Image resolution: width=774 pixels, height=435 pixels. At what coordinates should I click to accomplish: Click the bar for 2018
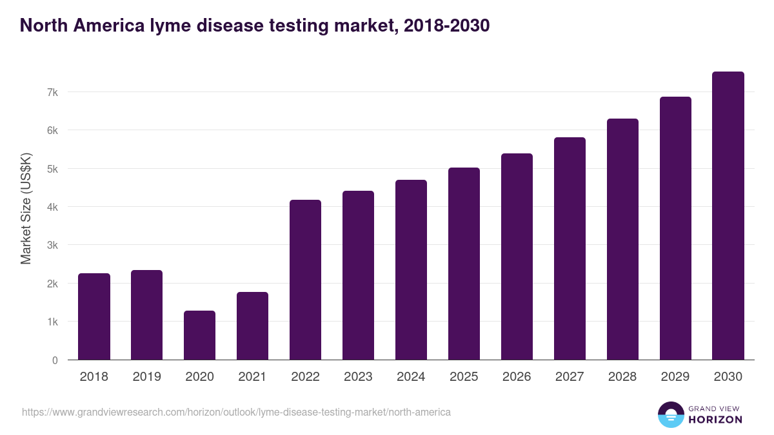pyautogui.click(x=94, y=316)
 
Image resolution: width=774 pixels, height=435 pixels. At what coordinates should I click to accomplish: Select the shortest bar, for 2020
pyautogui.click(x=199, y=335)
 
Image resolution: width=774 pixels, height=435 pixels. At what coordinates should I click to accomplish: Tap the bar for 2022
pyautogui.click(x=305, y=280)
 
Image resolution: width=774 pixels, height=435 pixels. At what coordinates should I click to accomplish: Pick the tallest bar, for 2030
pyautogui.click(x=728, y=216)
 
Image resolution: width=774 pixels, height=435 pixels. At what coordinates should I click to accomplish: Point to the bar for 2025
pyautogui.click(x=464, y=264)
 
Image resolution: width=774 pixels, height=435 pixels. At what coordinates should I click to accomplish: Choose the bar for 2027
pyautogui.click(x=570, y=249)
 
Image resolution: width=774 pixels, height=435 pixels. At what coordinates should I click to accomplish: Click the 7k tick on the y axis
pyautogui.click(x=52, y=92)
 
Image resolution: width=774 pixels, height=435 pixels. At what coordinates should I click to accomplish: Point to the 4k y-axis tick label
pyautogui.click(x=52, y=207)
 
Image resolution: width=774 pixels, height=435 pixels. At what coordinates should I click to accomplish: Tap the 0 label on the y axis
pyautogui.click(x=55, y=360)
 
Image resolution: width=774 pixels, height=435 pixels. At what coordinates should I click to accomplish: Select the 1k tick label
pyautogui.click(x=52, y=322)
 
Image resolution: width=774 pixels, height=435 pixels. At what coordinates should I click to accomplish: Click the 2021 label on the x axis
pyautogui.click(x=252, y=377)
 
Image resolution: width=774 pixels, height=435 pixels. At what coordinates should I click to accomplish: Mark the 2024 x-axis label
pyautogui.click(x=411, y=377)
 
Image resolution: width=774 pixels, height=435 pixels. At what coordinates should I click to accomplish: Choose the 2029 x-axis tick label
pyautogui.click(x=675, y=377)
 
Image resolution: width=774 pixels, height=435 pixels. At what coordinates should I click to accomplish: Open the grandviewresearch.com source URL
pyautogui.click(x=236, y=412)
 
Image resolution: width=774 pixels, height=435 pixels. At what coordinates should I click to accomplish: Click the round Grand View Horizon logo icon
pyautogui.click(x=670, y=414)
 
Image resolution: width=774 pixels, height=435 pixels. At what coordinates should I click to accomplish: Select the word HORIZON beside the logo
pyautogui.click(x=715, y=420)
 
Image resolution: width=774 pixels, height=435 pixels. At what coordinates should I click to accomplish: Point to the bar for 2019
pyautogui.click(x=146, y=315)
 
